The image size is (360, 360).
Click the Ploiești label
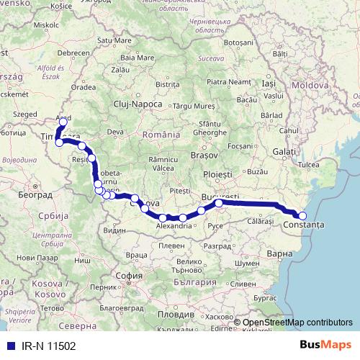pos(217,175)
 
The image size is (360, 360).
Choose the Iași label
pos(269,84)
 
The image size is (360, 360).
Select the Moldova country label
pos(310,85)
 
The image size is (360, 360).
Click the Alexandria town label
pos(174,225)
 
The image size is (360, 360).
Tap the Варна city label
pos(278,253)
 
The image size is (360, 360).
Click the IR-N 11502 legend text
pos(44,346)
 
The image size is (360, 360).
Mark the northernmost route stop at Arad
pos(63,122)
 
